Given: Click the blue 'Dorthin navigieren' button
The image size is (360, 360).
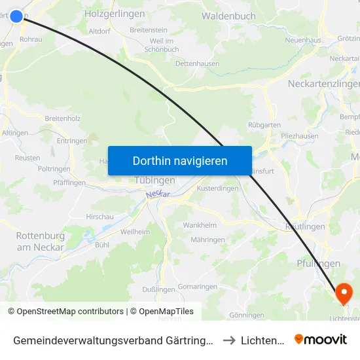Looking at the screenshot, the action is [x=179, y=160].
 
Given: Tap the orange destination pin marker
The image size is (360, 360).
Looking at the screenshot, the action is [x=344, y=293].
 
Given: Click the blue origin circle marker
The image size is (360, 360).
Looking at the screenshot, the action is [x=16, y=15].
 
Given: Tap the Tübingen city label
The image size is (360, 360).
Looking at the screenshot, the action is [x=154, y=180].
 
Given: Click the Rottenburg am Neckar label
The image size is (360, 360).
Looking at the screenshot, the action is [x=40, y=242].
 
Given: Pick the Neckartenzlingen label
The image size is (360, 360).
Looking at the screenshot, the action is [x=323, y=84].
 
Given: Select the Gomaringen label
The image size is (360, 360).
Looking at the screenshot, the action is [x=197, y=287].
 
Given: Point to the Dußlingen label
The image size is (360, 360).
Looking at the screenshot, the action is [x=158, y=289].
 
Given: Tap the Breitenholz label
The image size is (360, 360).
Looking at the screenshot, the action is [x=63, y=118].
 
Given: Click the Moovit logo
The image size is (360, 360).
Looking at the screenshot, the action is [x=321, y=339].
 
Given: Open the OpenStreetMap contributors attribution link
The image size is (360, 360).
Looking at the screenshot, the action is [x=65, y=312].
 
